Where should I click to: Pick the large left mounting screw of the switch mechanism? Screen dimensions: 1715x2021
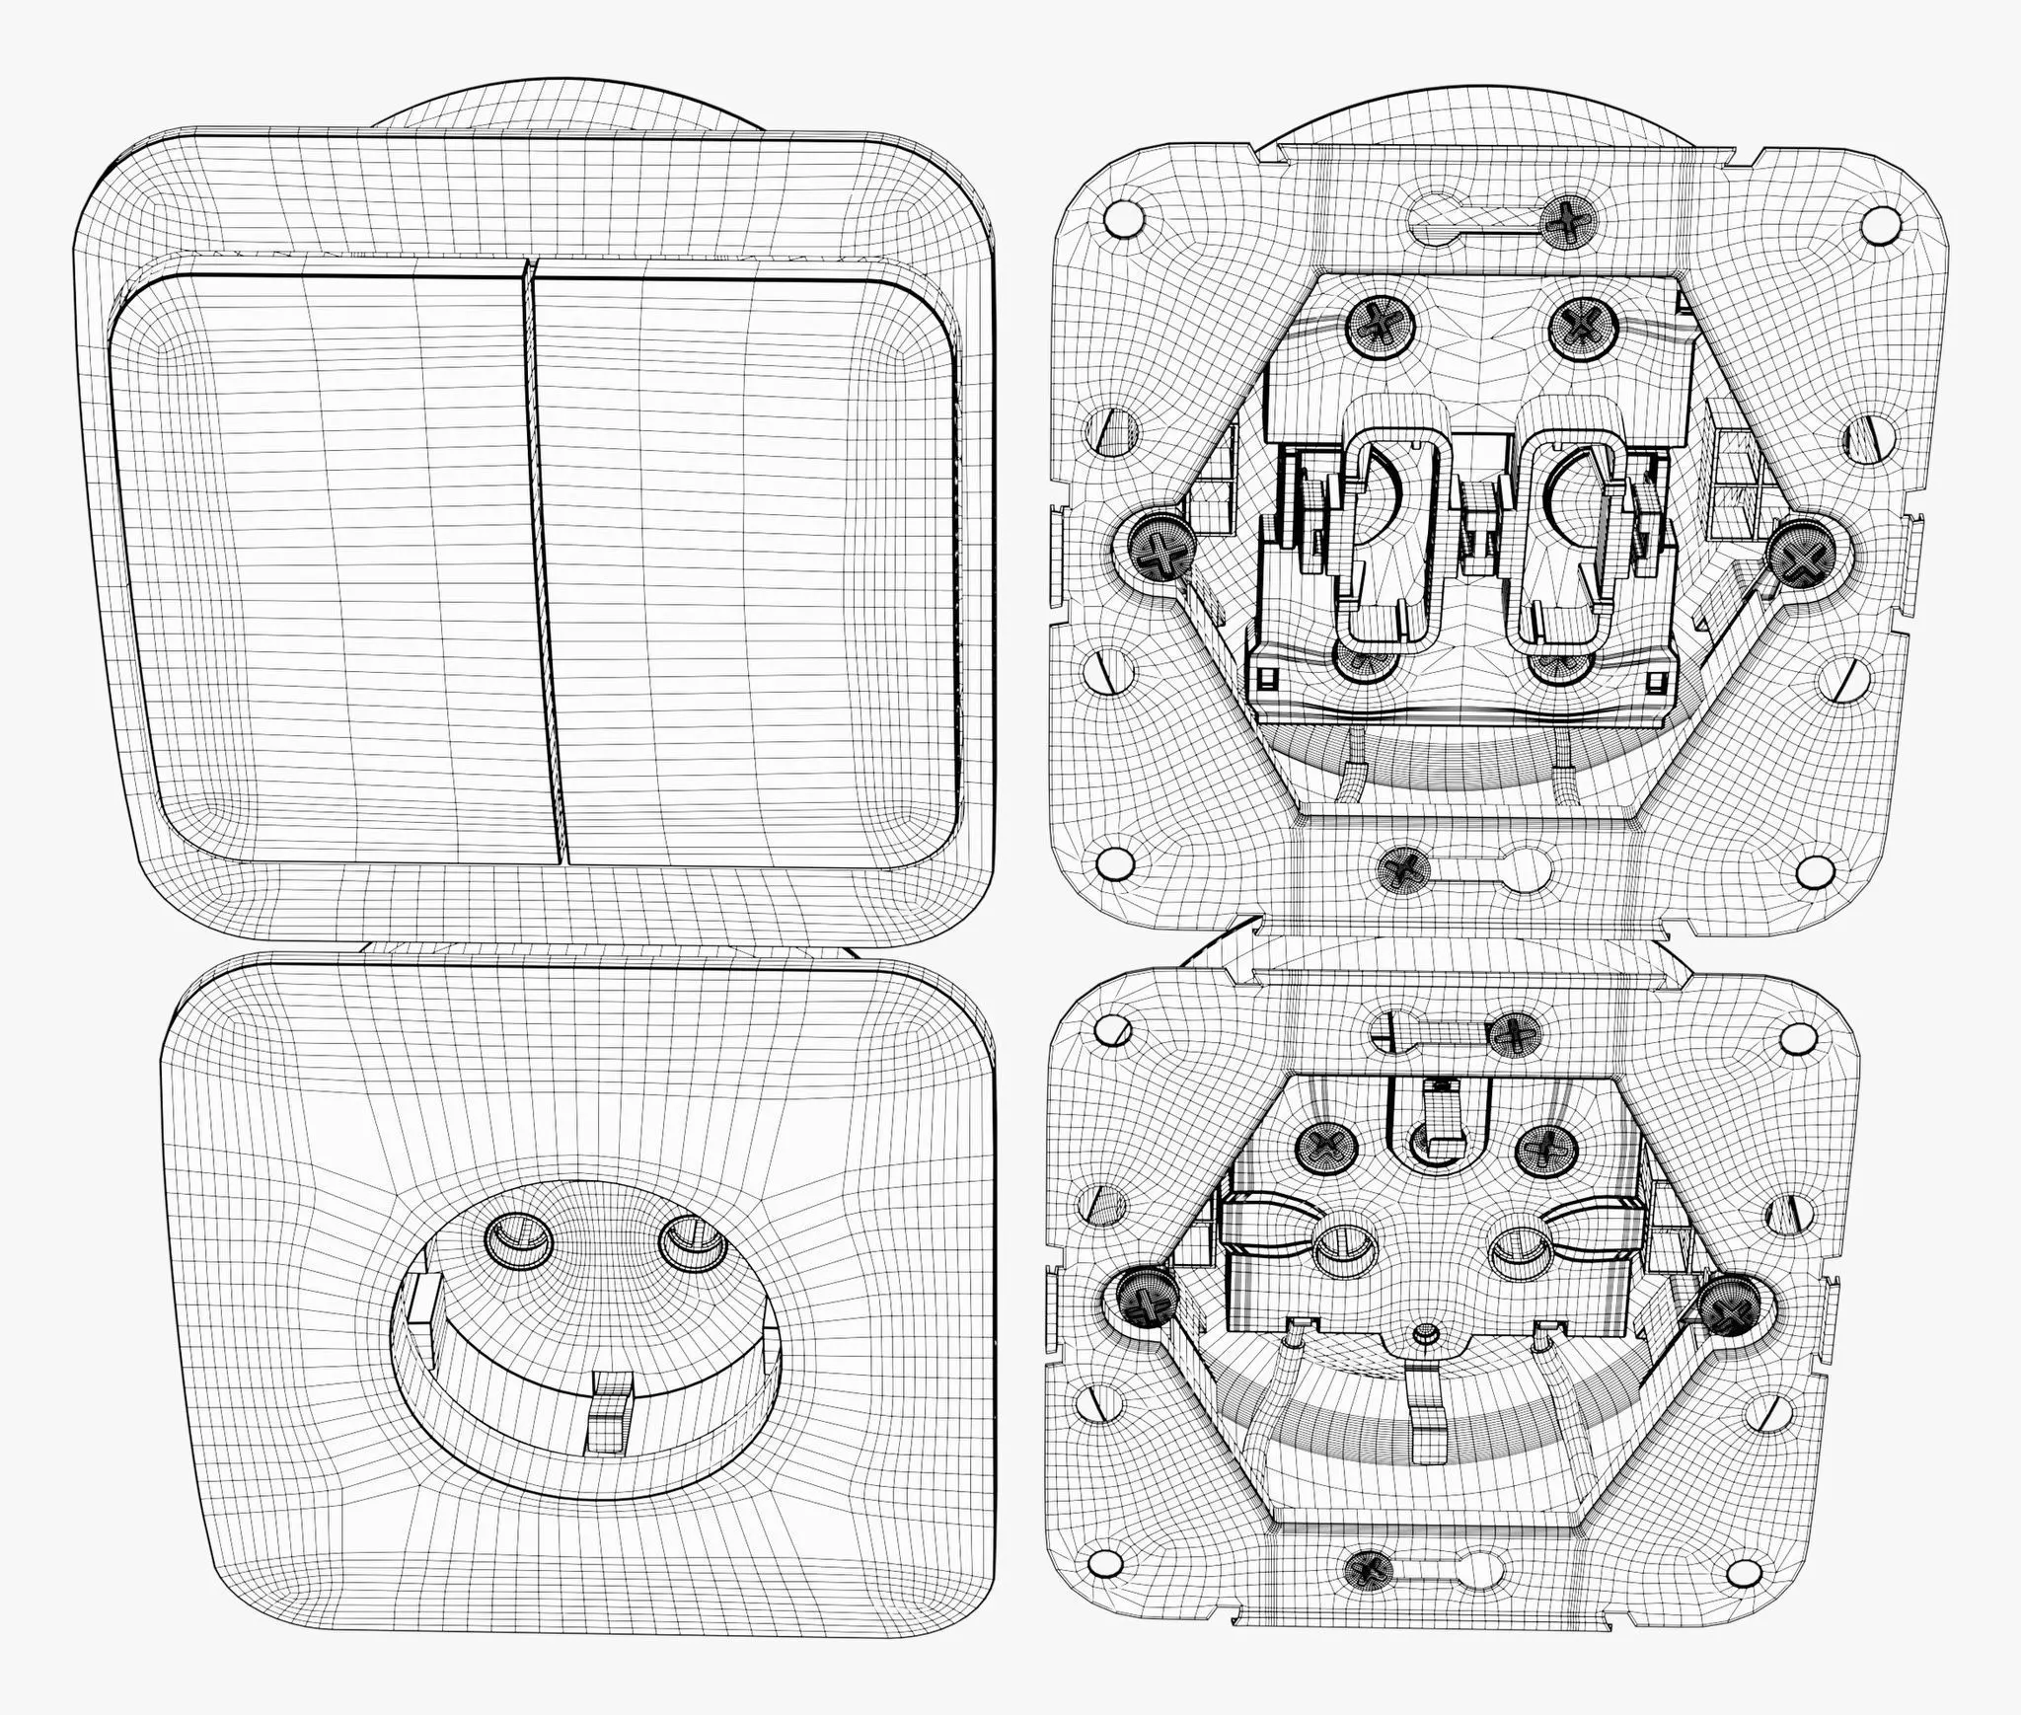(x=1156, y=550)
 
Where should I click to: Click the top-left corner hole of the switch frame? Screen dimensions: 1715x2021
(x=1121, y=217)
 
